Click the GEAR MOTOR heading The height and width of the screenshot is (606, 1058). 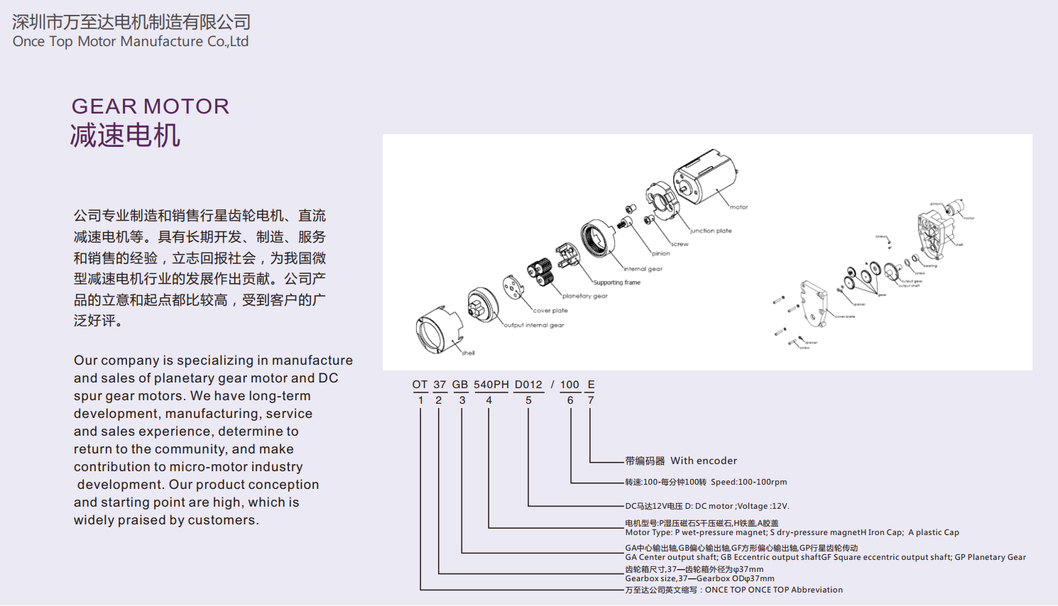151,106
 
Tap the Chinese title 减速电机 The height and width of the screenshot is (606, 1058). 125,135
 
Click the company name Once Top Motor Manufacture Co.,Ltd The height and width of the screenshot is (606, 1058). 131,41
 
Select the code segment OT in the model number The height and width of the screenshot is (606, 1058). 420,385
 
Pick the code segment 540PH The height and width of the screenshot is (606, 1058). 491,385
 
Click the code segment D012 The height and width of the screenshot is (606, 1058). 528,385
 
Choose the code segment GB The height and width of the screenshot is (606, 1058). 460,385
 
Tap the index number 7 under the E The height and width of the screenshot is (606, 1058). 590,400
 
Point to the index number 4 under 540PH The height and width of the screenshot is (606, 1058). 489,400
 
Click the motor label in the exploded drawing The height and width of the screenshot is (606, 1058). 738,207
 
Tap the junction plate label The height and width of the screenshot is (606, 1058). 711,231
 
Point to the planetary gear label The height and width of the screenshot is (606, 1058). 585,296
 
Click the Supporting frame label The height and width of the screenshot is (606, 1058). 617,282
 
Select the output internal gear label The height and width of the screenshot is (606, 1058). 534,325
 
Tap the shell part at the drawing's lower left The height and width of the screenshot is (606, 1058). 438,331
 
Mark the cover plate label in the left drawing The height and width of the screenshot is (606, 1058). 550,311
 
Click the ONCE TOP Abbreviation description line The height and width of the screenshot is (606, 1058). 733,590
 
